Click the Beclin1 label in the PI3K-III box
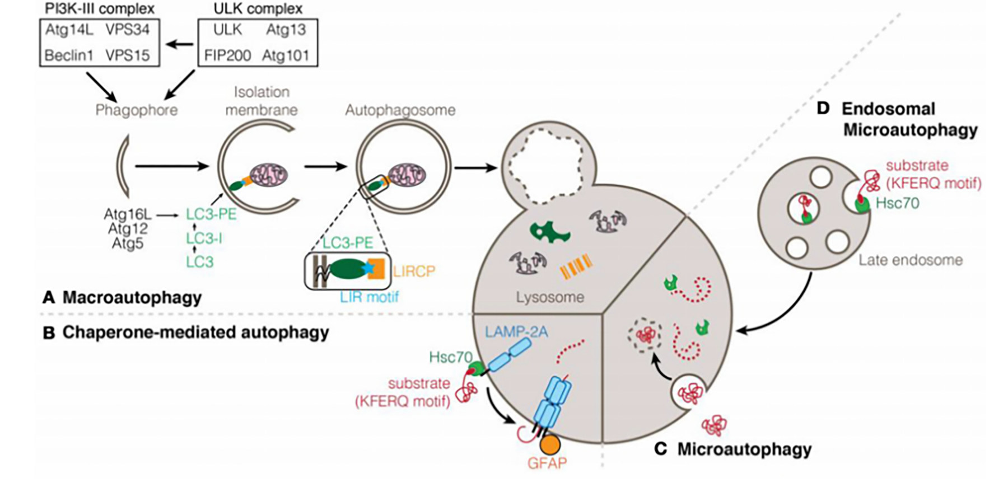pos(69,56)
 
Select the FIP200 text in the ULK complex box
pos(227,56)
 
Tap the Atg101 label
pos(286,56)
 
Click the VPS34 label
pos(128,30)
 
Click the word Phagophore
pos(136,110)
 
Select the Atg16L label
pos(128,214)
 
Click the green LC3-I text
pos(204,239)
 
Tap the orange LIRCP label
pos(414,271)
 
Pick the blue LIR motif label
pos(370,297)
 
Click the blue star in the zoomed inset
pos(368,269)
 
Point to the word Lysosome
pos(550,297)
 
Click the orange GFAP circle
pos(550,444)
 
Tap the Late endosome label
pos(911,260)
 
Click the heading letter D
pos(823,108)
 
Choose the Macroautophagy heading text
pos(132,297)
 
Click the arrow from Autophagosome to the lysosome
pos(475,167)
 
